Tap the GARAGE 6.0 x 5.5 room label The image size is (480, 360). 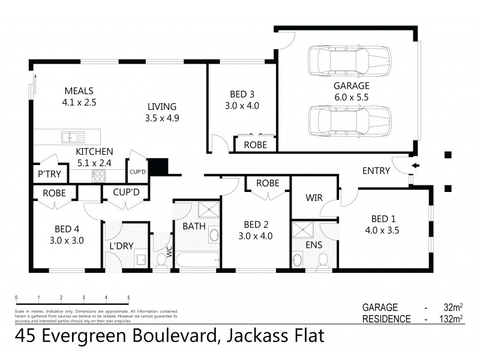coord(352,91)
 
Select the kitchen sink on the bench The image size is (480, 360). coord(73,137)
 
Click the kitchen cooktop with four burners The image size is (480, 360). coord(99,176)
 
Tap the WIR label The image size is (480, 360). coord(314,197)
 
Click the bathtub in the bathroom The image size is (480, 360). coord(196,260)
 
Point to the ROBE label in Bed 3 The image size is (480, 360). coord(256,145)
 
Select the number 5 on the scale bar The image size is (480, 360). coord(128,298)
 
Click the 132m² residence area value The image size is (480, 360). coord(449,319)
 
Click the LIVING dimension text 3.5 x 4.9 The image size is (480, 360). coord(162,118)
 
